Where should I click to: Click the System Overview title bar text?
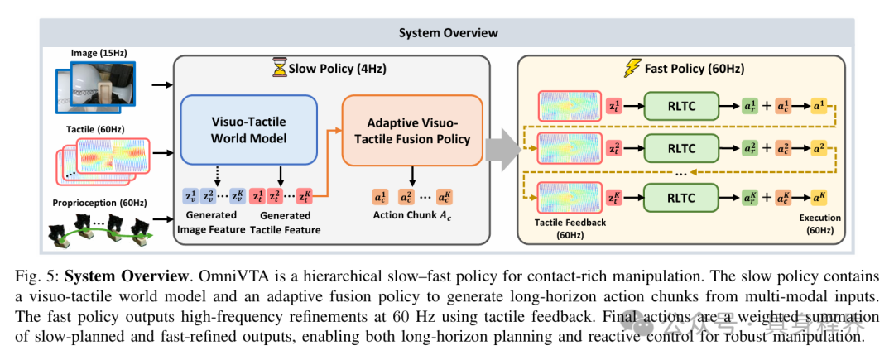pos(448,32)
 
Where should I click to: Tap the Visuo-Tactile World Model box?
pos(249,130)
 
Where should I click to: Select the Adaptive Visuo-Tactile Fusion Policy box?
pos(412,131)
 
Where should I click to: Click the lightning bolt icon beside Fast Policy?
pos(633,70)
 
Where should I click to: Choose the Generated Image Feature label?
pos(212,223)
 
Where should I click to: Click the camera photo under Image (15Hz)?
pos(99,89)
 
